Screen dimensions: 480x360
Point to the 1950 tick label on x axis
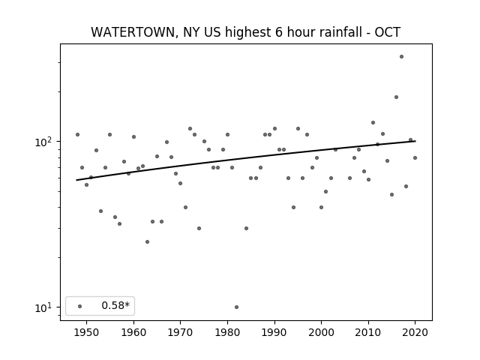[x=87, y=332]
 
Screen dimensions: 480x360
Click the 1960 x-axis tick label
[x=133, y=332]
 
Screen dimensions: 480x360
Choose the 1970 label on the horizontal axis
[x=181, y=332]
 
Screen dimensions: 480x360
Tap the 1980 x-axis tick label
[x=227, y=332]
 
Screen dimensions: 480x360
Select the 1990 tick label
[x=274, y=332]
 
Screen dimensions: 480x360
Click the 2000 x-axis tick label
[x=322, y=332]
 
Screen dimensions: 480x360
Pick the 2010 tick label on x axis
[x=368, y=332]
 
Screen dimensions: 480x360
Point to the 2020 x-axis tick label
[x=415, y=332]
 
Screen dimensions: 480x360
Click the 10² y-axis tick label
[x=45, y=142]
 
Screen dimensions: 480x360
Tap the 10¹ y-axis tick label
[x=45, y=307]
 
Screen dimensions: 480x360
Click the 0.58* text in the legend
[x=115, y=305]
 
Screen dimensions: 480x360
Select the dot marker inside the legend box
[x=80, y=306]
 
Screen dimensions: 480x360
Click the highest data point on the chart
[x=402, y=57]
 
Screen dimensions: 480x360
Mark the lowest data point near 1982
[x=237, y=307]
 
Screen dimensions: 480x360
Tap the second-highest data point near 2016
[x=397, y=97]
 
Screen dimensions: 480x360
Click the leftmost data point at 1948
[x=77, y=135]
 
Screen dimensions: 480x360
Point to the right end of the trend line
[x=415, y=141]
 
